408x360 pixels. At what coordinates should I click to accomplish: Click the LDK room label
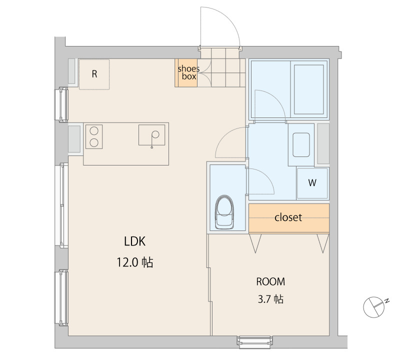[134, 241]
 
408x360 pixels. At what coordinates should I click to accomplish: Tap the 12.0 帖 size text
[134, 262]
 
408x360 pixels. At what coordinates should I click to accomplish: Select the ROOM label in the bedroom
[270, 281]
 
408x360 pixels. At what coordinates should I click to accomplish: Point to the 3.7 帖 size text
[270, 299]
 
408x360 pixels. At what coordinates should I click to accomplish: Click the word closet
[288, 217]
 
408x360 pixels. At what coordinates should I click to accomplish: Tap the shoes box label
[188, 72]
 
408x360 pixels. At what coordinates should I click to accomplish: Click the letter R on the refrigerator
[94, 74]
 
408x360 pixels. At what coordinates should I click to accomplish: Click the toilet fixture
[224, 212]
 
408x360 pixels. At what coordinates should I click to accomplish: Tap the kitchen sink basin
[151, 135]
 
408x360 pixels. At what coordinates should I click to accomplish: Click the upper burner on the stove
[94, 131]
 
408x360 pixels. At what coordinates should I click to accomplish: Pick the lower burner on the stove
[94, 142]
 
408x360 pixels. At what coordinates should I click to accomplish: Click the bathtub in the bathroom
[309, 89]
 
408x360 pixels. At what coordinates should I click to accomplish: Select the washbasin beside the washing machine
[301, 145]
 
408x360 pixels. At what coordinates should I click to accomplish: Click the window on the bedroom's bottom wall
[254, 340]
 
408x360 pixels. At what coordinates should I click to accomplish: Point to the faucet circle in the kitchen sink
[155, 134]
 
